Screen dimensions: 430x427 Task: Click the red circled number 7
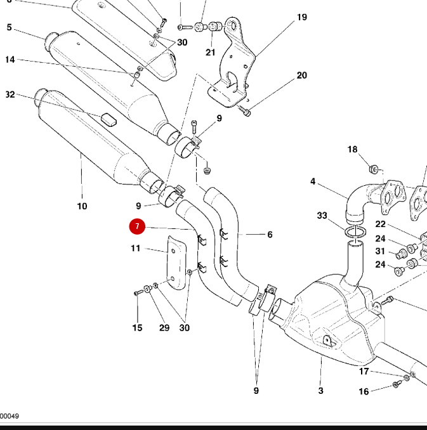pos(136,226)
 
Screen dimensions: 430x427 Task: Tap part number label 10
pos(82,206)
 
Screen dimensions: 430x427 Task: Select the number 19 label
pos(301,17)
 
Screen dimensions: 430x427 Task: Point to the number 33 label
pos(322,216)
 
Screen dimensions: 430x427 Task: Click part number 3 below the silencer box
pos(321,391)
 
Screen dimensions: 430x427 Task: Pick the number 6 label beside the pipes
pos(270,235)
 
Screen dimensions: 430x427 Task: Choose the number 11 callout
pos(136,249)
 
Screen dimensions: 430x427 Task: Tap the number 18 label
pos(352,150)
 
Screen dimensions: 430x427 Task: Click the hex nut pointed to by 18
pos(374,169)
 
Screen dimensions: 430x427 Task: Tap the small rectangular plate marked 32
pos(107,119)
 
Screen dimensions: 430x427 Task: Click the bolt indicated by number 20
pos(247,112)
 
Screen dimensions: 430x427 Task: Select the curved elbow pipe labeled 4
pos(358,197)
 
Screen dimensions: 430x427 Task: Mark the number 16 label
pos(364,391)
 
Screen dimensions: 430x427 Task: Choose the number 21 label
pos(210,52)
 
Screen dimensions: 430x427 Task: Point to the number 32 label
pos(10,94)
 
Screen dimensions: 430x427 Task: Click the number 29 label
pos(164,328)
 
